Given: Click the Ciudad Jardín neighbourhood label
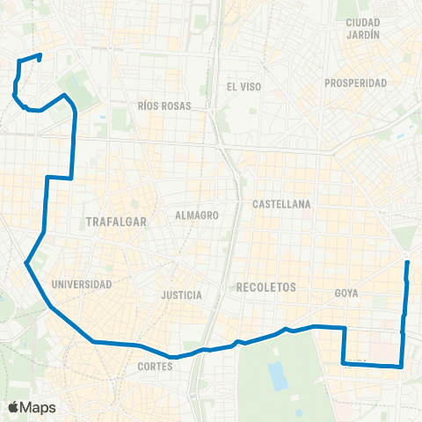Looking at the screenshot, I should coord(363,28).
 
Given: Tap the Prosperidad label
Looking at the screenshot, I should coord(355,84).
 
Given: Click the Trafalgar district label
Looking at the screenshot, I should coord(113,222).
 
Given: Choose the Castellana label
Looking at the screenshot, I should coord(281,204).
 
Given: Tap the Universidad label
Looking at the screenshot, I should coord(81,285).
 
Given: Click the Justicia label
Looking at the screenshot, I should coord(183,295).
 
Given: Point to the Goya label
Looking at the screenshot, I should coord(346,293).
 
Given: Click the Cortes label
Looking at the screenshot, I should coord(155,367).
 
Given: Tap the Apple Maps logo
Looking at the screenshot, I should coord(32,407).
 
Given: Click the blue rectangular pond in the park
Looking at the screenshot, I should coord(279,375).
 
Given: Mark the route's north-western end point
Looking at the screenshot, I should coord(40,56).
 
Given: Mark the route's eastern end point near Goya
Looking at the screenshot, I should coord(407,263).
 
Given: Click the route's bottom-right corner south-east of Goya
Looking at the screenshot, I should coord(401,367).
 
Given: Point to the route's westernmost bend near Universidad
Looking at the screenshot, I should coord(26,262).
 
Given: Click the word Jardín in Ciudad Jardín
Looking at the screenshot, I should coord(363,35).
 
